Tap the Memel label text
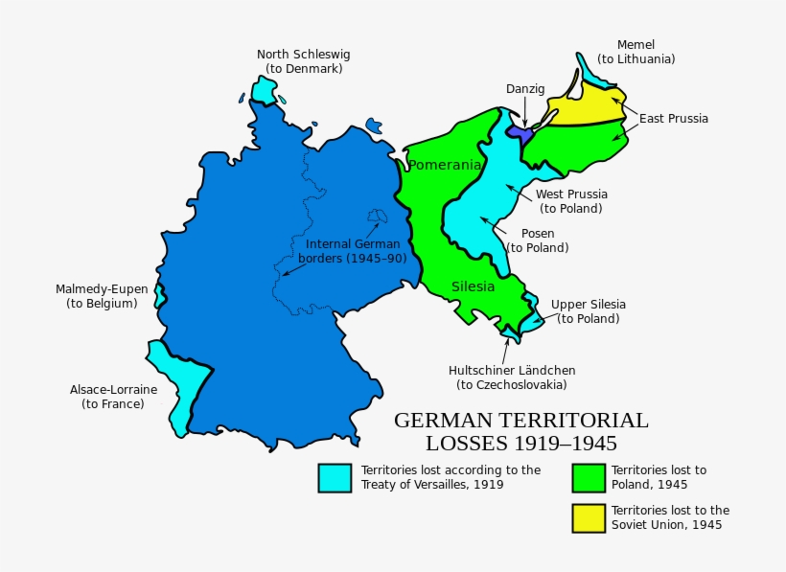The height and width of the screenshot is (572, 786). click(x=636, y=52)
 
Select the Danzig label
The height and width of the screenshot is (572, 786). click(x=525, y=89)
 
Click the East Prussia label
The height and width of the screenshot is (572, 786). click(x=674, y=119)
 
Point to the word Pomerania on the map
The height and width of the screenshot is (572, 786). click(x=445, y=166)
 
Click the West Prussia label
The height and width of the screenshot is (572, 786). click(x=570, y=201)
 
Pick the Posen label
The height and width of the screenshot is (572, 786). click(x=538, y=240)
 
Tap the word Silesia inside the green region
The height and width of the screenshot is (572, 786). click(x=474, y=286)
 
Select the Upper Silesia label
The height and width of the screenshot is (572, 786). click(x=588, y=311)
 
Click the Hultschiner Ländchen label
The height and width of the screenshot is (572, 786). click(x=512, y=378)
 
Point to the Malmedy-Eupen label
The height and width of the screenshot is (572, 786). click(x=102, y=296)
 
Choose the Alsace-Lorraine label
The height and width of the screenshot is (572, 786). click(x=113, y=397)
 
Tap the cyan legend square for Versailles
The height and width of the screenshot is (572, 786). click(x=335, y=478)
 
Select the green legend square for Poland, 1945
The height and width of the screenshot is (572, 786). click(x=589, y=478)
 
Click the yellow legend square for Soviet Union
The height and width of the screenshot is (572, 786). click(x=589, y=517)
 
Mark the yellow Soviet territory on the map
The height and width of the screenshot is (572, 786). click(x=585, y=106)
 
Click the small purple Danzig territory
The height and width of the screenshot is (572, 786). click(x=519, y=132)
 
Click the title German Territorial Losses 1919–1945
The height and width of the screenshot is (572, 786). click(x=520, y=431)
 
